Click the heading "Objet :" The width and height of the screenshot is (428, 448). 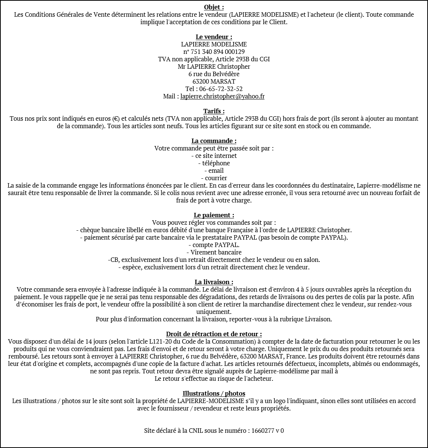214,7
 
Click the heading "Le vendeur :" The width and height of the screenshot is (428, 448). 214,37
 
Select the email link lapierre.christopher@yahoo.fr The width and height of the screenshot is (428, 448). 223,96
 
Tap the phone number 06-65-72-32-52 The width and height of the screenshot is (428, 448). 221,89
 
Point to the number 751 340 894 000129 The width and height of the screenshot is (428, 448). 218,52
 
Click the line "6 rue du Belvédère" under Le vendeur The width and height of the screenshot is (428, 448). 214,74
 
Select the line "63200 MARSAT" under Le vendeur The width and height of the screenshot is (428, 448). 214,81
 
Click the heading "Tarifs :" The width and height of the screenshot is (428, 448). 214,111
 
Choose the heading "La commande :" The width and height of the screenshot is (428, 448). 214,141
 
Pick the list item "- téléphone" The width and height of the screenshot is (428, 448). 214,163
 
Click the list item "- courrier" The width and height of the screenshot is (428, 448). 214,178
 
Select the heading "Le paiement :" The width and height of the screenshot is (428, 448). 214,215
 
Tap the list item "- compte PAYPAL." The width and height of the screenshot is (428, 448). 214,245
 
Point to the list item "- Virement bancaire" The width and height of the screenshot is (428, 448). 214,252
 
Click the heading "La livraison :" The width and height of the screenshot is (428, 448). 214,282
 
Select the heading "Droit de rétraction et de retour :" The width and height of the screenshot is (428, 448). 214,334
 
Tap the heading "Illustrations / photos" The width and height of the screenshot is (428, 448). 214,393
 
